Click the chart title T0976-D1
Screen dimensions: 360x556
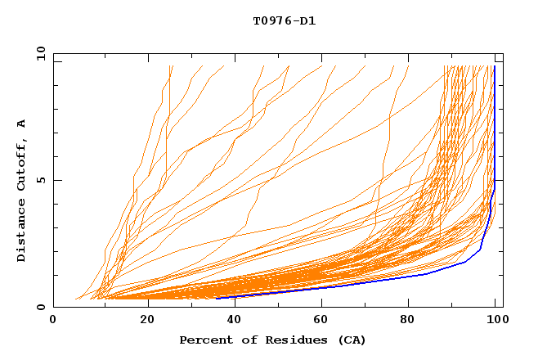pyautogui.click(x=284, y=20)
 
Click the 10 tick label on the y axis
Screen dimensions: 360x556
pyautogui.click(x=40, y=53)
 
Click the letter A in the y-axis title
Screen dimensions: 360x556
pyautogui.click(x=21, y=124)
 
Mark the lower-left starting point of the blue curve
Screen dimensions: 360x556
pyautogui.click(x=217, y=298)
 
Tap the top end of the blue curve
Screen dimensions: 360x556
pyautogui.click(x=495, y=66)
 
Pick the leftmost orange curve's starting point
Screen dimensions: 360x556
pyautogui.click(x=75, y=299)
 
